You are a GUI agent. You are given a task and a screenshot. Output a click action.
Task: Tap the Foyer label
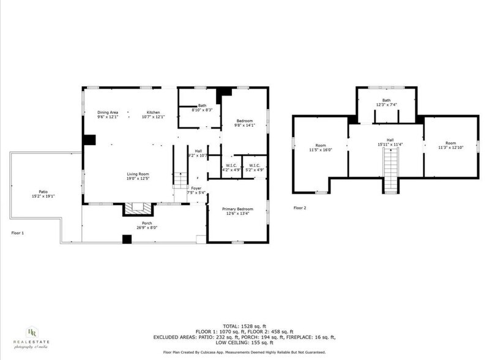tap(196, 189)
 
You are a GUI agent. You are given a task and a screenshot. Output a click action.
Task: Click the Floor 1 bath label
tap(202, 105)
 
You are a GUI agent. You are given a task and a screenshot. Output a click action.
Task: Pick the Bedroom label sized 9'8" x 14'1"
tap(244, 121)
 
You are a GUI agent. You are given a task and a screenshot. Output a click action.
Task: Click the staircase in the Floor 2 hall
tap(387, 171)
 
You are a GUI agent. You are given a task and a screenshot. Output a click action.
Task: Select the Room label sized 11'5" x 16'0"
tap(321, 145)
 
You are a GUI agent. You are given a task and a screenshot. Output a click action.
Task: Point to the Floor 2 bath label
tap(387, 100)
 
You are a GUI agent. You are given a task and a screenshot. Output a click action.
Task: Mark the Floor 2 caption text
tap(299, 208)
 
